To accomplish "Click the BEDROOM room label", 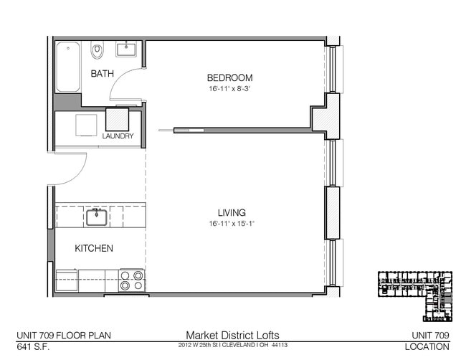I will click(229, 77).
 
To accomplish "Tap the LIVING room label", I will click(232, 212).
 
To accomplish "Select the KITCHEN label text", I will click(94, 248).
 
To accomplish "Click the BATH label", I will click(102, 74).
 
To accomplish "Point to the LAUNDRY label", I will click(118, 136).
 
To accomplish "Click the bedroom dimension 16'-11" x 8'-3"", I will click(229, 89).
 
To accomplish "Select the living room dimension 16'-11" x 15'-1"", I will click(232, 223).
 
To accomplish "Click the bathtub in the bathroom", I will click(68, 67).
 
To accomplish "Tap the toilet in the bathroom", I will click(98, 50).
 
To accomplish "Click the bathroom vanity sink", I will click(126, 49).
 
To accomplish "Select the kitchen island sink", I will click(96, 216).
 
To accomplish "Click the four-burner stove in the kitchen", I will click(132, 280).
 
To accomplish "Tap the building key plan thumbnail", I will click(415, 295).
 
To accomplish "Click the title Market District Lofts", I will click(232, 335).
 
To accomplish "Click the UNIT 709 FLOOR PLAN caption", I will click(63, 335).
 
